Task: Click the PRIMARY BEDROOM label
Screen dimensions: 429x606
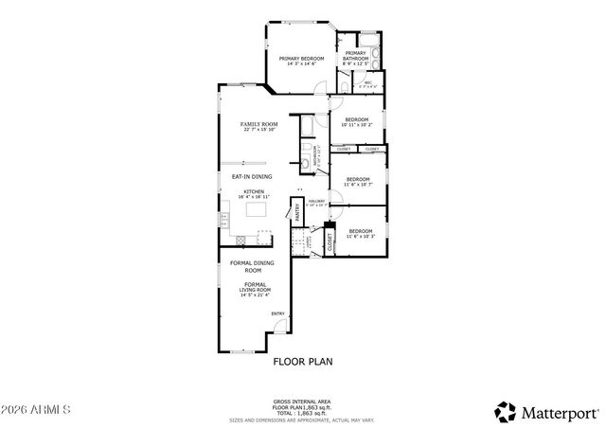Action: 301,59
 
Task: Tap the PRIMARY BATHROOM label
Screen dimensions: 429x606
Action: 356,56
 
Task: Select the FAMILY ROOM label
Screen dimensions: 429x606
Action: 258,125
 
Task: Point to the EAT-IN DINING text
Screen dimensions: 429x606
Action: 252,176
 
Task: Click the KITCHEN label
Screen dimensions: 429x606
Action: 254,192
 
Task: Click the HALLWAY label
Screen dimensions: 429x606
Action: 316,202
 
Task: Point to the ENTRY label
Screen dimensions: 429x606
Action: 278,313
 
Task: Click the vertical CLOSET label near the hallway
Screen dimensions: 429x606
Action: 330,242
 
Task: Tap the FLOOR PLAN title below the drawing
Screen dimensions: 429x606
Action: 299,361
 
